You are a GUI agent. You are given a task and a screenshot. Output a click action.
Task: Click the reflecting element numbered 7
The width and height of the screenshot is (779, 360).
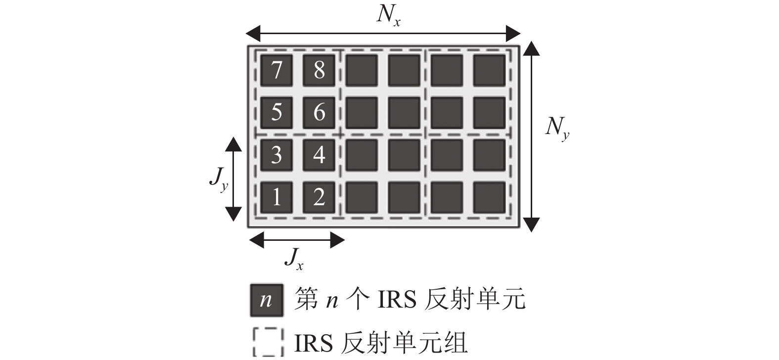pos(276,70)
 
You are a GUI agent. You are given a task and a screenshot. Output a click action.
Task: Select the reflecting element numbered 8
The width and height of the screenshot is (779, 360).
pos(319,70)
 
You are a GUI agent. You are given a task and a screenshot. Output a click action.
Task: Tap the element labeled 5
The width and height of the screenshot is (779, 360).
pos(276,112)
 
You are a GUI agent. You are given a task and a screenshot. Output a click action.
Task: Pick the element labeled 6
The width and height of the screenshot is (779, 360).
pos(319,112)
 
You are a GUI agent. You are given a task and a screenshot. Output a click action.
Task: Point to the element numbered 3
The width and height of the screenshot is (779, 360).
pos(276,155)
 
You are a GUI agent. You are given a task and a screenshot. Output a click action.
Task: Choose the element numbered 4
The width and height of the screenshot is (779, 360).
pos(319,155)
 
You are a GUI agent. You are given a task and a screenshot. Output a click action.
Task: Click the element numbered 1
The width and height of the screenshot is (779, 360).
pos(276,197)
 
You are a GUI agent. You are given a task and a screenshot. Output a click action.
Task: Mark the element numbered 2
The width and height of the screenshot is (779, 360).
pos(319,197)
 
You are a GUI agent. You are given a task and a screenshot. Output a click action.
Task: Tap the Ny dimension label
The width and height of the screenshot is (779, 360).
pos(556,129)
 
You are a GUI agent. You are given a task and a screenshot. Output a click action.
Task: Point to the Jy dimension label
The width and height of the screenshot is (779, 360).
pos(218,180)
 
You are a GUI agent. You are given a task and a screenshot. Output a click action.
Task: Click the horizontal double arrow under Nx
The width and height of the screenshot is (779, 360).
pos(383,34)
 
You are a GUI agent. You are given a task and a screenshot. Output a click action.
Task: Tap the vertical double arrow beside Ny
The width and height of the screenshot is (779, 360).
pos(531,136)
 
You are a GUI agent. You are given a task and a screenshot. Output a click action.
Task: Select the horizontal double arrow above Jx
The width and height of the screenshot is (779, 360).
pos(296,241)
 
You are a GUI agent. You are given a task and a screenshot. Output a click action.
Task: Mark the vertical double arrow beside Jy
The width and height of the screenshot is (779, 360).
pos(234,179)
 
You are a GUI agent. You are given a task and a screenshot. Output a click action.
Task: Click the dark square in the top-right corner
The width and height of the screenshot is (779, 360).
pos(489,70)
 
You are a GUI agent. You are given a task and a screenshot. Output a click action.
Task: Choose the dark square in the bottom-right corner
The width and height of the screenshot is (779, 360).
pos(489,197)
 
